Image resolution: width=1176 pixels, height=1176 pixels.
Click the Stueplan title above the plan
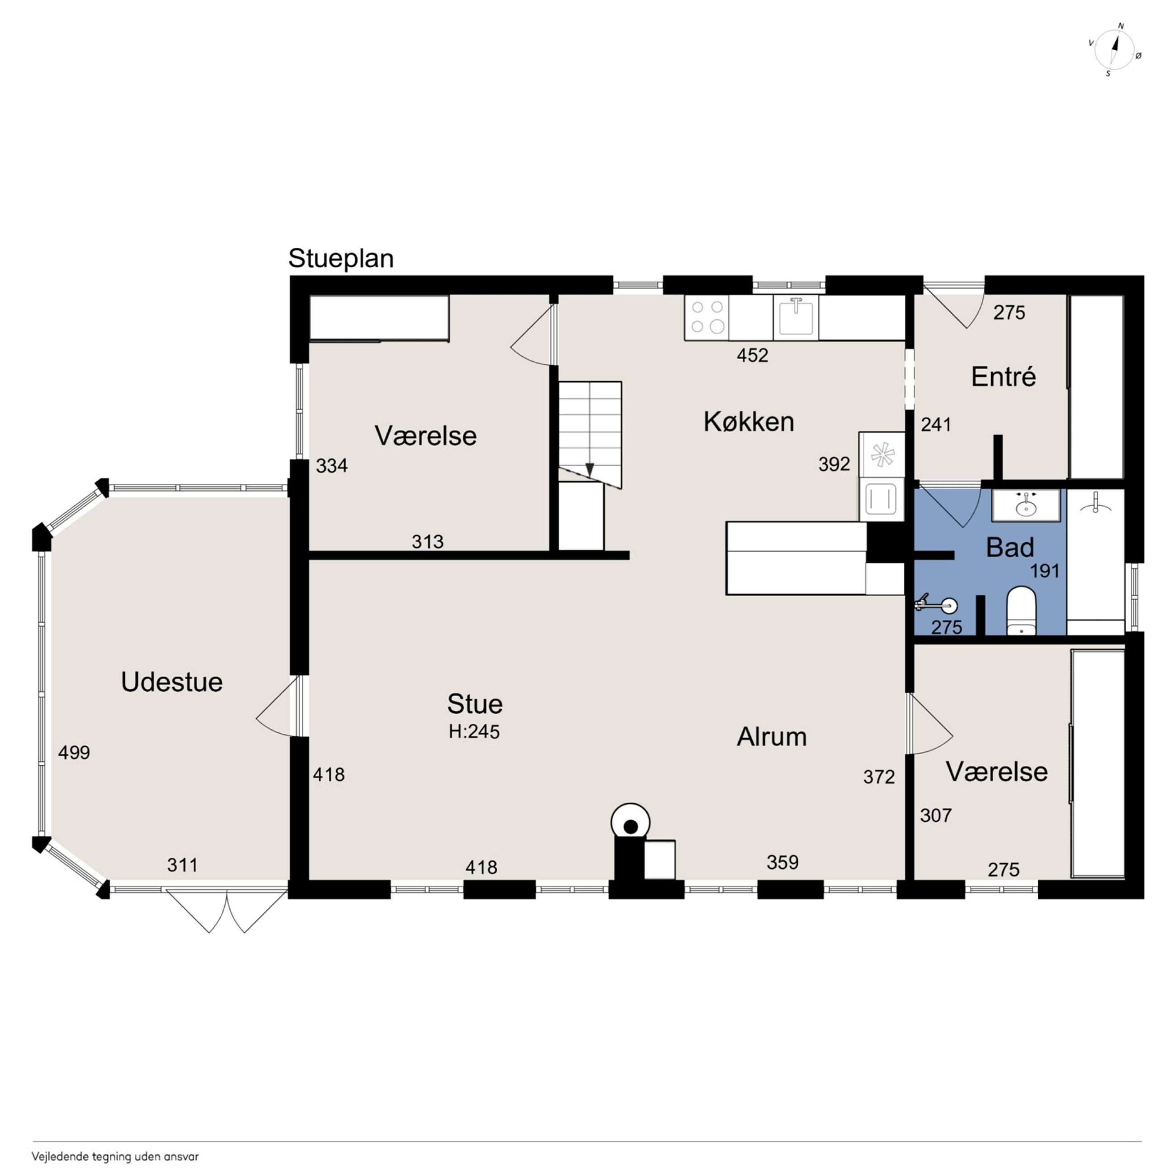(341, 259)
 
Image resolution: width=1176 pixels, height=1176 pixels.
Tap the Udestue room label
(172, 682)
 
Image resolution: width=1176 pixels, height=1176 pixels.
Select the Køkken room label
(749, 421)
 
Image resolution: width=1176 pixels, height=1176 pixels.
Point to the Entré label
(1003, 377)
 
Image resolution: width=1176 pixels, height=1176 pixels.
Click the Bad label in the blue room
(1010, 548)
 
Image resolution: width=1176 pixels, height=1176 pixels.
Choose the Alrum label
(772, 736)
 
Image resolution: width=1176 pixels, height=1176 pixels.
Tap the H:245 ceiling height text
(474, 731)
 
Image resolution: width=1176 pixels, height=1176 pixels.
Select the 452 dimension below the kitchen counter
(752, 355)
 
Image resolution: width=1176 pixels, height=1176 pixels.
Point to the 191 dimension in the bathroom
(1044, 571)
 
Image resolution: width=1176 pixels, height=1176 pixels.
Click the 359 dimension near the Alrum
(782, 862)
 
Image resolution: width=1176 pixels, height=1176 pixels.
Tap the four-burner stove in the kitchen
(707, 317)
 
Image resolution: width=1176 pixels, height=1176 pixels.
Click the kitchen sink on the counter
(796, 317)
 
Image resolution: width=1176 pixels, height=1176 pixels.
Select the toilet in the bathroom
(1021, 610)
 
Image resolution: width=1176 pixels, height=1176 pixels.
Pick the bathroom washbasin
(1026, 505)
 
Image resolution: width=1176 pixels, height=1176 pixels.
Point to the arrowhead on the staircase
(589, 470)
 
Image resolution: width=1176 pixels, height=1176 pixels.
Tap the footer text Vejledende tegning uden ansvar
(115, 1157)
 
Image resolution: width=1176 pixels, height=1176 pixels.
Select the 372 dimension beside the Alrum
(879, 777)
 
